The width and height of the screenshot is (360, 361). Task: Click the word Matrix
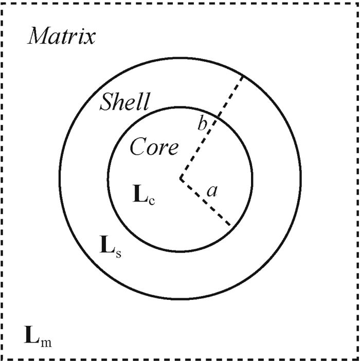coord(62,35)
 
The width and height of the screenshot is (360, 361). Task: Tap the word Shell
coord(125,101)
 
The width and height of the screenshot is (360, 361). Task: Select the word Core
coord(154,146)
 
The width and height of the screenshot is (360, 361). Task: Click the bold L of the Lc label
coord(140,193)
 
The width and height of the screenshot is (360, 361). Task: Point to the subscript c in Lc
coord(152,201)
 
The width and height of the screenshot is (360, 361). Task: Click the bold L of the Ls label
coord(107,244)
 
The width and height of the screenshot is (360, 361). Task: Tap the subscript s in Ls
coord(118,254)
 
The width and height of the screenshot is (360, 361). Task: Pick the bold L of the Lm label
coord(32,335)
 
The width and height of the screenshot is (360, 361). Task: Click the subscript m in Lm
coord(46,342)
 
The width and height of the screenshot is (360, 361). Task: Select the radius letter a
coord(212,191)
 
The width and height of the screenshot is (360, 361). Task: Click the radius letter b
coord(202,122)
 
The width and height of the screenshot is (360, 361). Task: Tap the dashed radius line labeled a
coord(205,202)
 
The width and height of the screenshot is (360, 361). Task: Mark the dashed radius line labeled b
coord(211,127)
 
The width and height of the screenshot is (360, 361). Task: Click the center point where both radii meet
coord(181,178)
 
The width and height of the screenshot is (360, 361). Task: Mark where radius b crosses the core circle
coord(218,117)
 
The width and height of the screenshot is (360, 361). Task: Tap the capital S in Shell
coord(107,102)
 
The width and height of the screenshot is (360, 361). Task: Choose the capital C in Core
coord(137,146)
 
